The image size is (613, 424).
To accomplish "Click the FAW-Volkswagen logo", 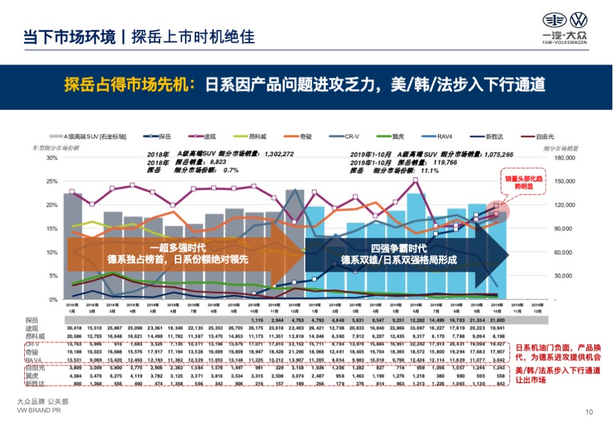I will pos(564,29).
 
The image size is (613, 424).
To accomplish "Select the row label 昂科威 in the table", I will pos(35,335).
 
